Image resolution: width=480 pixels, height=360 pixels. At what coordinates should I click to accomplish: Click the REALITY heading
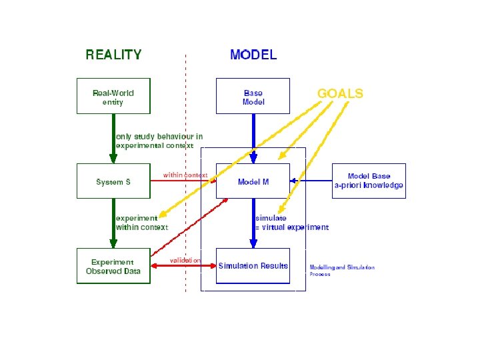113,55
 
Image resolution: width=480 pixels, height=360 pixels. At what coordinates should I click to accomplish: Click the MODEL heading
253,55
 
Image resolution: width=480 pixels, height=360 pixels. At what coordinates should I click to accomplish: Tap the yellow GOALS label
340,93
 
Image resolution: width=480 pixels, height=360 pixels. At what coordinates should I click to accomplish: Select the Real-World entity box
113,96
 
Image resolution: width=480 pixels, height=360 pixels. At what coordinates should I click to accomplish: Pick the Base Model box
253,96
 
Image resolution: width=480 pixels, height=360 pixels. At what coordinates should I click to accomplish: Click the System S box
113,181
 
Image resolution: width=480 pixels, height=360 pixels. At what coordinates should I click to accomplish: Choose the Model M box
253,181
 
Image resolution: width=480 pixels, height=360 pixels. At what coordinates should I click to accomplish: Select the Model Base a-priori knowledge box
369,181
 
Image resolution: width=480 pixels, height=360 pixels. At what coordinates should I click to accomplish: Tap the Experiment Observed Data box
113,266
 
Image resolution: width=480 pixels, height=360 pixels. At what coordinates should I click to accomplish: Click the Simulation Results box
253,266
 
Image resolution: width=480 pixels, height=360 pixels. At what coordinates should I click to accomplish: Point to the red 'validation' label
185,259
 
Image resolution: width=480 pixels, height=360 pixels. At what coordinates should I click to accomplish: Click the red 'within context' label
185,175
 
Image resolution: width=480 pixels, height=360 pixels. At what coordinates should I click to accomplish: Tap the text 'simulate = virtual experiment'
291,223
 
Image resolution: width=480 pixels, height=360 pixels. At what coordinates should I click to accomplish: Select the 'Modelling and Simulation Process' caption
341,271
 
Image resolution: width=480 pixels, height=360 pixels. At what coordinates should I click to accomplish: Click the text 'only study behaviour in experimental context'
159,141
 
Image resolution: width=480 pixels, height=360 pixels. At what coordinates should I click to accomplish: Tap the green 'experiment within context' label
141,223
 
